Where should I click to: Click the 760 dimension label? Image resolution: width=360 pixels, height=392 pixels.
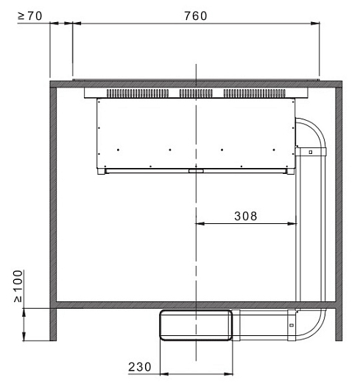(x=196, y=16)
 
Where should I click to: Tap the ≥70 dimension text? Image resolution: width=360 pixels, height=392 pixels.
(x=29, y=16)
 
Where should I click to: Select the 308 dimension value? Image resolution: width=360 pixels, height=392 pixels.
(x=246, y=216)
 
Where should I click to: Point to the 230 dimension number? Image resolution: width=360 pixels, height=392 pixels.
(x=140, y=367)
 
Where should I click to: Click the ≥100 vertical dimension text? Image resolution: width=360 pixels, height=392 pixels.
(x=18, y=286)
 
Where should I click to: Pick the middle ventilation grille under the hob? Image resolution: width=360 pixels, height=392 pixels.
(x=196, y=94)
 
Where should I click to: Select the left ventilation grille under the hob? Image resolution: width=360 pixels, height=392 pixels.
(x=138, y=94)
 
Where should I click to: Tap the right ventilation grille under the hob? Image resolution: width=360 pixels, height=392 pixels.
(x=254, y=94)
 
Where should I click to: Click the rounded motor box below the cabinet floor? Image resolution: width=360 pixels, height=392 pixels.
(x=196, y=325)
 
